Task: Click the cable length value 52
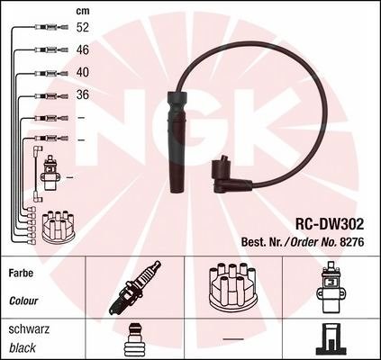[83, 27]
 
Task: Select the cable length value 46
[83, 49]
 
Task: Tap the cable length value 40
[83, 72]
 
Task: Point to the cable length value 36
[83, 94]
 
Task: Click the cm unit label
[83, 11]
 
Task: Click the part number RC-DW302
[330, 224]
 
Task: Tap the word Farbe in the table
[21, 274]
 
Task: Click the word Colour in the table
[23, 301]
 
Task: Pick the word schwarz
[29, 329]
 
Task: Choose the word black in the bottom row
[23, 348]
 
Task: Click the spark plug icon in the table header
[135, 287]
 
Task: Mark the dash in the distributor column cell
[233, 339]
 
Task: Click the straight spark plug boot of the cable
[177, 141]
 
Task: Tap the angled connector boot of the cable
[231, 175]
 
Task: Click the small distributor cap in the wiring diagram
[58, 226]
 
